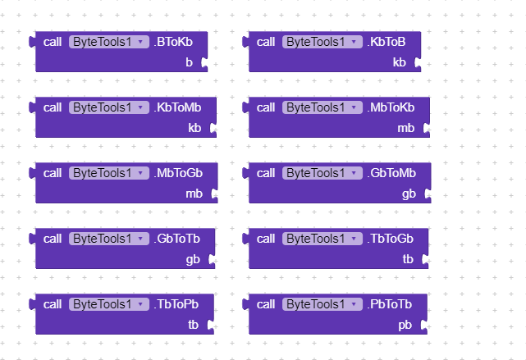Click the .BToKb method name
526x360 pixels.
click(173, 42)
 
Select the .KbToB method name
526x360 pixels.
click(386, 42)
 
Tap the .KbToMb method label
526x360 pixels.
click(177, 107)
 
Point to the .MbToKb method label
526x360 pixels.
click(391, 107)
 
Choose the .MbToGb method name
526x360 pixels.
click(178, 173)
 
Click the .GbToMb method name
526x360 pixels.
click(391, 173)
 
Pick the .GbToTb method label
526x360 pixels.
click(176, 239)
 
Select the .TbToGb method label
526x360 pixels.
click(390, 239)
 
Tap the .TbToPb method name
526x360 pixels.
click(176, 304)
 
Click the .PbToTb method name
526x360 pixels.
click(390, 304)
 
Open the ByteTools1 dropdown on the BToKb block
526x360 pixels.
click(109, 42)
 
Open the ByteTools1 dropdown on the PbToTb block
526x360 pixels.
click(322, 304)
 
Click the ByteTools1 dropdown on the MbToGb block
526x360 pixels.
click(109, 173)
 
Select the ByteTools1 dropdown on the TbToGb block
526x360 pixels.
click(322, 239)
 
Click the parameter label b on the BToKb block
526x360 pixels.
click(190, 62)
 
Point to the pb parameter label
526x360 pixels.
click(405, 326)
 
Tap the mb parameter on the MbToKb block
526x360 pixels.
click(406, 128)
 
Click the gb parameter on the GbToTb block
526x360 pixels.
click(193, 260)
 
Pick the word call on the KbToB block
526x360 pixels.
click(266, 42)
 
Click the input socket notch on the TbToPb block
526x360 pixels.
click(211, 325)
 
